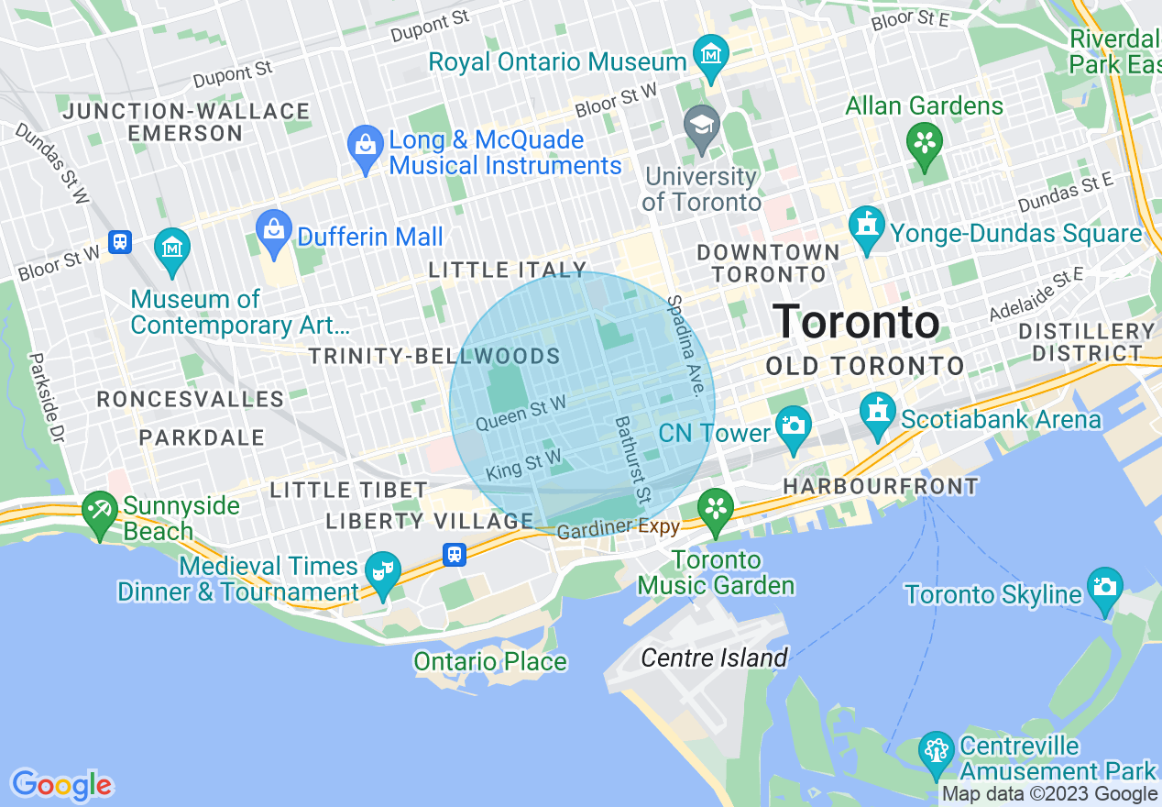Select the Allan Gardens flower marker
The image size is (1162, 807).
click(x=925, y=144)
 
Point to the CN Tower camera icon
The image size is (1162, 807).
click(x=793, y=426)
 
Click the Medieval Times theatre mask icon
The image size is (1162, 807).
click(x=381, y=570)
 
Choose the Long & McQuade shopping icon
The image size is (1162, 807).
click(x=366, y=147)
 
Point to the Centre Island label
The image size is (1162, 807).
click(x=714, y=658)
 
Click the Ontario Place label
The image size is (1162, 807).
click(x=490, y=661)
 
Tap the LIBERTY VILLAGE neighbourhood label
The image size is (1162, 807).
click(x=430, y=522)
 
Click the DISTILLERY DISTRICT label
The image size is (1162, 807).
click(x=1087, y=341)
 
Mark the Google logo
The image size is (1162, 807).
click(x=61, y=785)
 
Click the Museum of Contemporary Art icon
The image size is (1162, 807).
click(x=172, y=247)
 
